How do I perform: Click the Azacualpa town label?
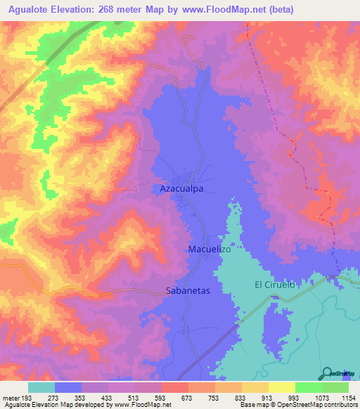point(183,190)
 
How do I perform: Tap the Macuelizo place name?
point(210,249)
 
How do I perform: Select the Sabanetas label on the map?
point(188,290)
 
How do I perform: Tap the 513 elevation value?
point(135,397)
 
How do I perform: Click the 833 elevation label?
point(241,397)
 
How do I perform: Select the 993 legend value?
point(295,397)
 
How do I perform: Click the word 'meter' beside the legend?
point(11,397)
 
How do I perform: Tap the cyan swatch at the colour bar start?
point(41,387)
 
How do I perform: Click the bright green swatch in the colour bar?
point(308,387)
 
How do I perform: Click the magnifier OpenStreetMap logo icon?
point(328,372)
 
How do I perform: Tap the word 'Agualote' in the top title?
point(27,10)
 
